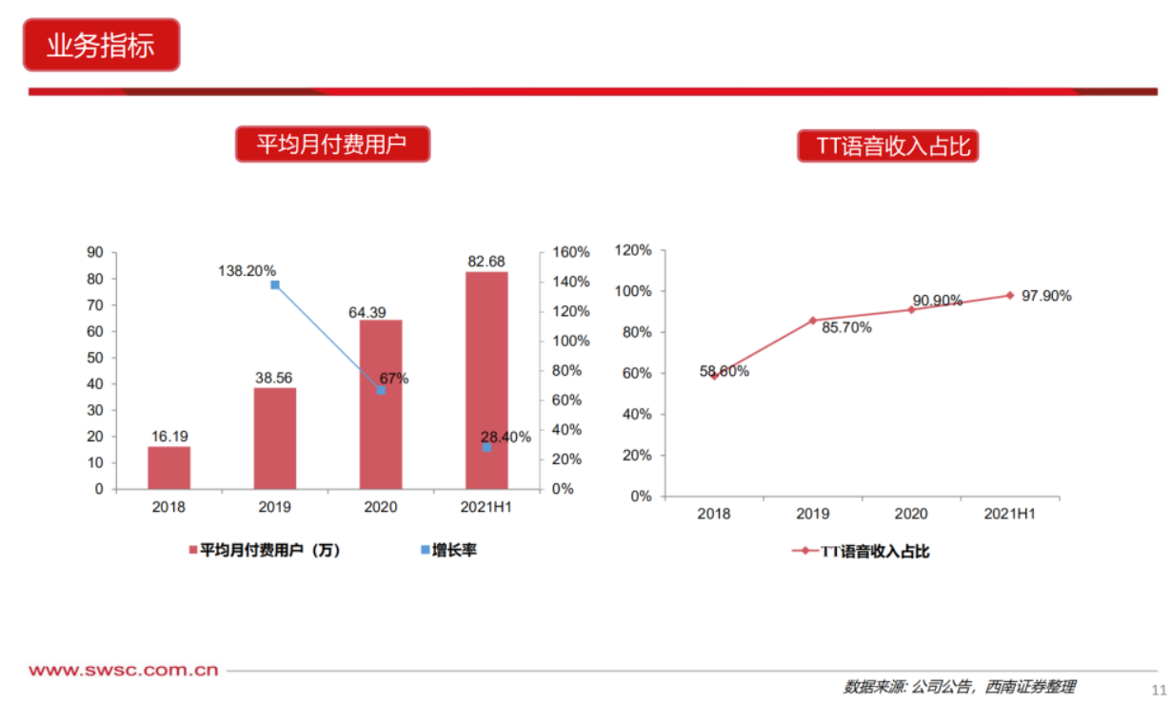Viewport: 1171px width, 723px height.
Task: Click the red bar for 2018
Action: (x=169, y=467)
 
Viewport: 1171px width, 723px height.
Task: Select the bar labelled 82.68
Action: (x=486, y=381)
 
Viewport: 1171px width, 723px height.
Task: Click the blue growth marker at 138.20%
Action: (x=275, y=284)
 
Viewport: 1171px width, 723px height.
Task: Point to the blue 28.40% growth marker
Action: (x=486, y=447)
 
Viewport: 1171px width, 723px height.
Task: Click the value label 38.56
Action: (x=274, y=378)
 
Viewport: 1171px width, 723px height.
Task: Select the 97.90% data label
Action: (x=1046, y=296)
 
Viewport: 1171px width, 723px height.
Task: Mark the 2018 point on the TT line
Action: (x=714, y=376)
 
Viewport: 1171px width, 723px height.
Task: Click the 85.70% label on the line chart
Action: (x=841, y=327)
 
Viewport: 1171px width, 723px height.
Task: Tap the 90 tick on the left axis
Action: (x=95, y=252)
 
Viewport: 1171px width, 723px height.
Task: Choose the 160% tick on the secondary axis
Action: (x=571, y=252)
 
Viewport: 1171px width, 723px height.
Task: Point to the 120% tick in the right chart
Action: (x=633, y=251)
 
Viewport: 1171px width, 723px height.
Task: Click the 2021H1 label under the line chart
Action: (x=1009, y=514)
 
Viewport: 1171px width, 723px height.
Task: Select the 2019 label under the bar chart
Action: (x=274, y=507)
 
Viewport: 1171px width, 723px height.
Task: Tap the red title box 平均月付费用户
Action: (x=332, y=145)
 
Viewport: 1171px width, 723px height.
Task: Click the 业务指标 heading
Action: (x=101, y=45)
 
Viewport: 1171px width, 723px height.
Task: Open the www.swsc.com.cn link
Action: (x=124, y=671)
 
